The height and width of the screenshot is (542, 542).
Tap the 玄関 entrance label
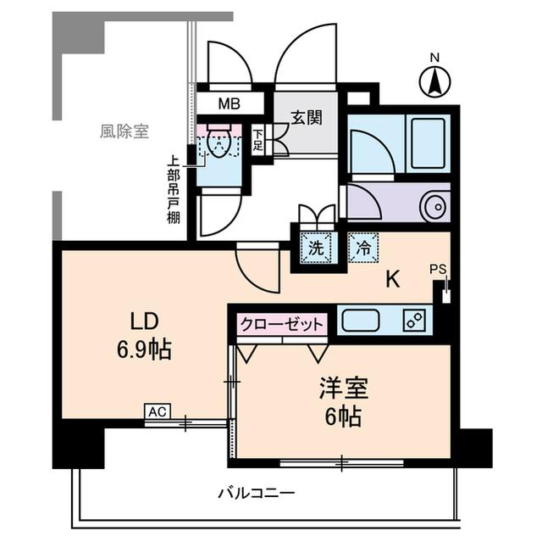tap(306, 118)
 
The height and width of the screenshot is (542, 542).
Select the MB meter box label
tap(229, 104)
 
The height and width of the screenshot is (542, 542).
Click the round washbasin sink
tap(434, 205)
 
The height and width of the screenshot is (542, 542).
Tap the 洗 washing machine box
tap(315, 249)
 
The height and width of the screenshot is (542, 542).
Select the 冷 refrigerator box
tap(362, 249)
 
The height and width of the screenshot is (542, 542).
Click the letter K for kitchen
tap(393, 280)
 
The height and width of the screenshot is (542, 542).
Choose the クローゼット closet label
tap(282, 325)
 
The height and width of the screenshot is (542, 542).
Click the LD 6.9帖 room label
tap(145, 334)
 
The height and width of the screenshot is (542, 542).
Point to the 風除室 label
tap(124, 131)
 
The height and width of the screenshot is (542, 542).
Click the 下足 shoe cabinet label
tap(258, 139)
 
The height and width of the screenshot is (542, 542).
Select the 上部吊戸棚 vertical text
tap(173, 188)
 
